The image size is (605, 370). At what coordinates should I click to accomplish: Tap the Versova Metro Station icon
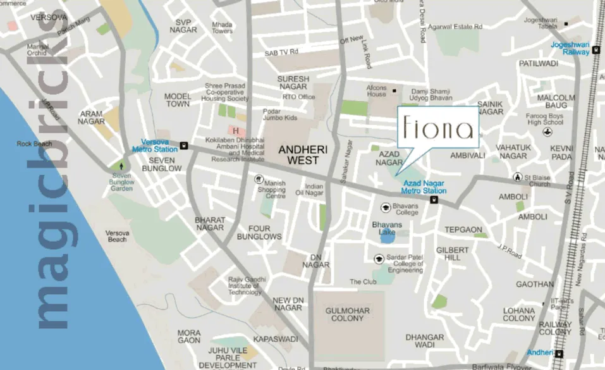pos(184,145)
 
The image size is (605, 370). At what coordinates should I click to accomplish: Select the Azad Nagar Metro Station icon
pos(434,200)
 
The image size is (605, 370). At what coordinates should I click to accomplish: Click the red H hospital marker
pos(235,131)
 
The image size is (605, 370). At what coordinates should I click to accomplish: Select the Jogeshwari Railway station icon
pos(596,50)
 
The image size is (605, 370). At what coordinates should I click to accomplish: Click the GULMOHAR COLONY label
pos(345,314)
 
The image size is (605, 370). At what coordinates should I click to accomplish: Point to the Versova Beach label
pos(118,236)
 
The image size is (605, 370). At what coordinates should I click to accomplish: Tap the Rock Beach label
pos(34,144)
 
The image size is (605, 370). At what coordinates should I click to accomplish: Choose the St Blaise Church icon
pos(518,177)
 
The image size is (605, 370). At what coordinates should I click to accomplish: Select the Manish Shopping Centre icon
pos(259,179)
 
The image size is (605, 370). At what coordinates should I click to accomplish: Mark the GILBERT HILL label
pos(453,254)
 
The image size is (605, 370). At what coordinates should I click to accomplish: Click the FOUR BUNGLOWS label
pos(259,232)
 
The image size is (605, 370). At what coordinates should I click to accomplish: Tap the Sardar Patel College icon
pos(379,258)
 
